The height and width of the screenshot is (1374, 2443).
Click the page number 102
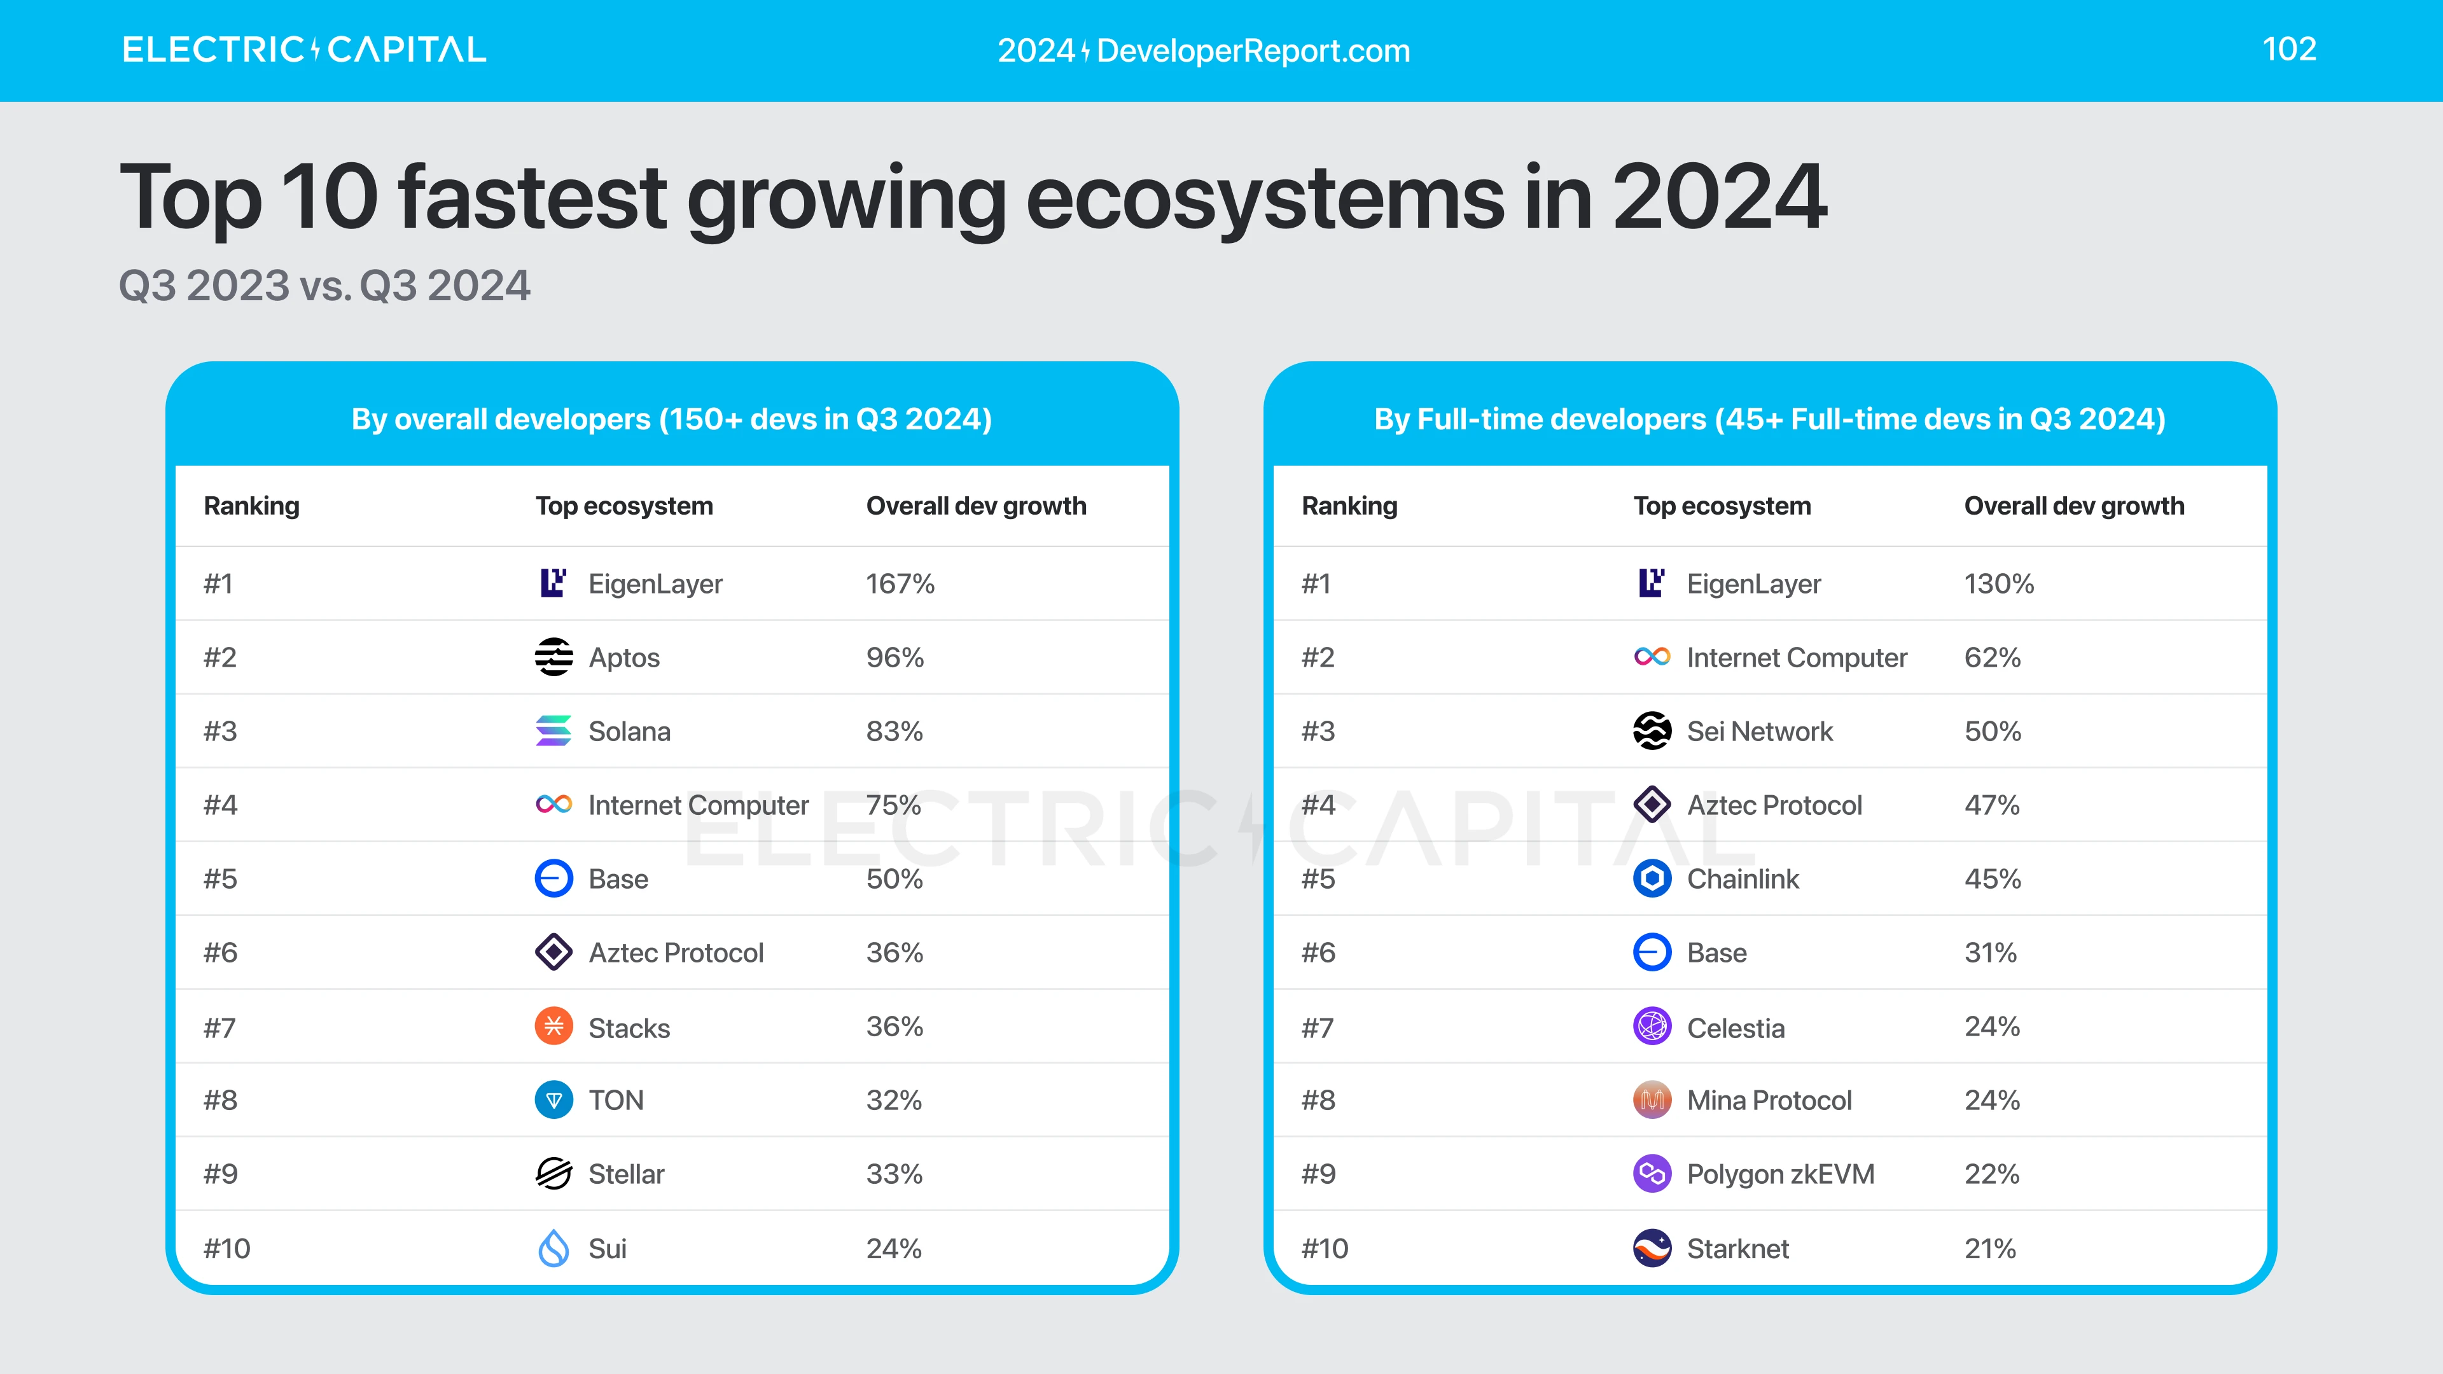pyautogui.click(x=2288, y=50)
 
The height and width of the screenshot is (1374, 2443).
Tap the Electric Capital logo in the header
pyautogui.click(x=303, y=50)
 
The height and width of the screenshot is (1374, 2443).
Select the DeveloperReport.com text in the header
pyautogui.click(x=1253, y=50)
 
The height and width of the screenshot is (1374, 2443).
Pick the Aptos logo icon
pyautogui.click(x=554, y=657)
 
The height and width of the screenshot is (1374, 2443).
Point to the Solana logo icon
pyautogui.click(x=554, y=731)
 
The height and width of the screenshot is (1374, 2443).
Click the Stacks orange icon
pyautogui.click(x=554, y=1026)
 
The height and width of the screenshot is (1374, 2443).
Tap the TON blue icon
pyautogui.click(x=554, y=1100)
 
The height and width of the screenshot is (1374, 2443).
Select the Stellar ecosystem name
pyautogui.click(x=626, y=1174)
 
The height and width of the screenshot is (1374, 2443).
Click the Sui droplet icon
pyautogui.click(x=554, y=1248)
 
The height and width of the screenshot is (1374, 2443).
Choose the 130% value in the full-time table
pyautogui.click(x=1998, y=583)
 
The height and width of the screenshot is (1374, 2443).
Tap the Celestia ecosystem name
pyautogui.click(x=1736, y=1028)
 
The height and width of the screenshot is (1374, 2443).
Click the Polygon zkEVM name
pyautogui.click(x=1780, y=1174)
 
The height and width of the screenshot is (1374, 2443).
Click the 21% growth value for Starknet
pyautogui.click(x=1989, y=1248)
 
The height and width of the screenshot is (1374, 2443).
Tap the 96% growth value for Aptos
pyautogui.click(x=894, y=657)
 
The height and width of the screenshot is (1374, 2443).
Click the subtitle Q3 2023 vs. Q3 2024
pyautogui.click(x=324, y=286)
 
